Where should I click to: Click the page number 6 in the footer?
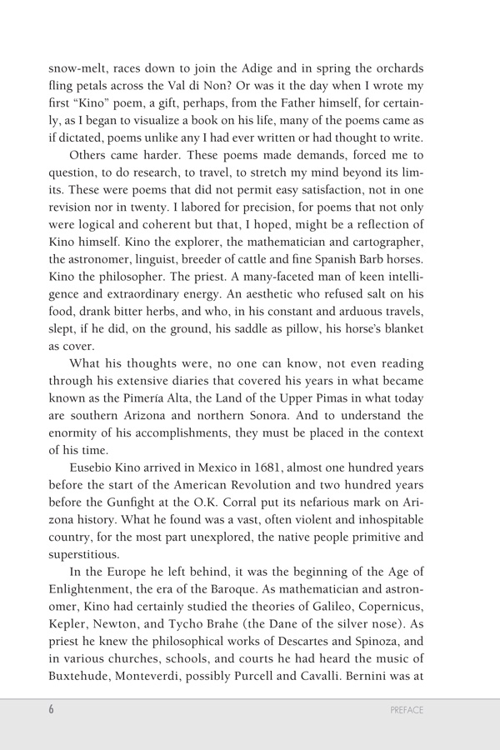pos(51,710)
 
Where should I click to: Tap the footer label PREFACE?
pos(407,710)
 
